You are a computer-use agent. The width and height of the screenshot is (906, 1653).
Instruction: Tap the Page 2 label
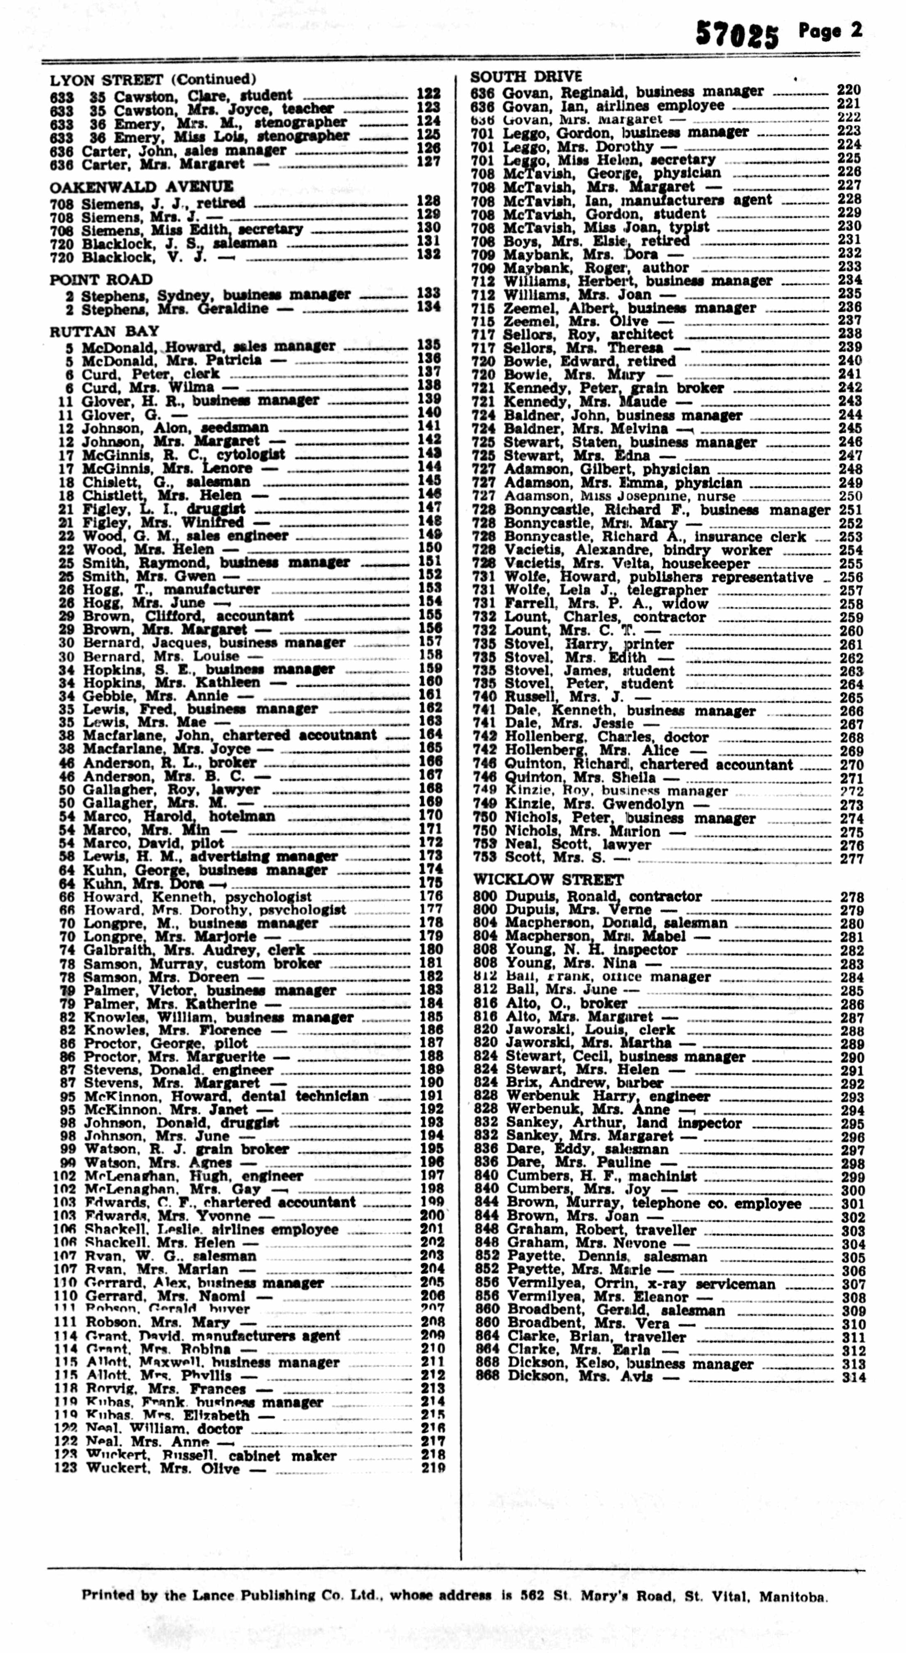[x=830, y=31]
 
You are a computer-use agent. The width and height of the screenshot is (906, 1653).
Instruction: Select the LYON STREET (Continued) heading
[x=153, y=80]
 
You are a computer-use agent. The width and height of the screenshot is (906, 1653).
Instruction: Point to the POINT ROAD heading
[x=101, y=280]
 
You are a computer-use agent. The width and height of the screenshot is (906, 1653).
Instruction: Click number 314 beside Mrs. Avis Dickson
[x=853, y=1377]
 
